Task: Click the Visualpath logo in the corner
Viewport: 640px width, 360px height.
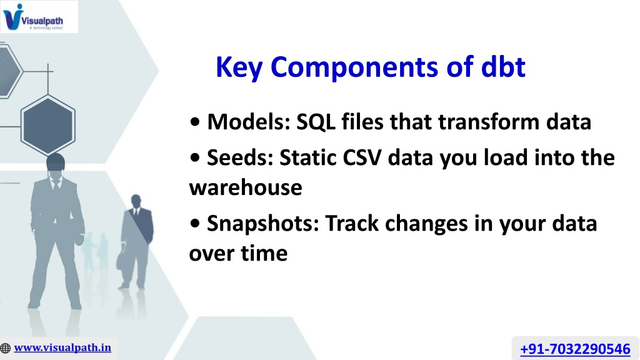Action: (39, 17)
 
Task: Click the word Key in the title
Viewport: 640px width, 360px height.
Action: (239, 67)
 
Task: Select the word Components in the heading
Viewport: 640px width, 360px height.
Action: (354, 67)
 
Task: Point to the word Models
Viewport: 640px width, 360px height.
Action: (249, 122)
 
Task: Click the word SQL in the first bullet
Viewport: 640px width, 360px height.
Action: (316, 122)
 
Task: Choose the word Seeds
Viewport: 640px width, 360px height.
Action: (240, 157)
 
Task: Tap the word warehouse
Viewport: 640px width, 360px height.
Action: (246, 187)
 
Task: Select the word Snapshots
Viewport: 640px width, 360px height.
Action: (263, 224)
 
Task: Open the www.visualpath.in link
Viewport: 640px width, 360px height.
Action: (62, 347)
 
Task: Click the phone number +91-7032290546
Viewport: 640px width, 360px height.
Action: (575, 349)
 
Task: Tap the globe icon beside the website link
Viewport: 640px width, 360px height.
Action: (5, 348)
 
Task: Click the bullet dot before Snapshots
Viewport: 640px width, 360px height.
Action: (195, 223)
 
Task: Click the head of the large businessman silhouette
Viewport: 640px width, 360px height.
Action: (56, 163)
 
